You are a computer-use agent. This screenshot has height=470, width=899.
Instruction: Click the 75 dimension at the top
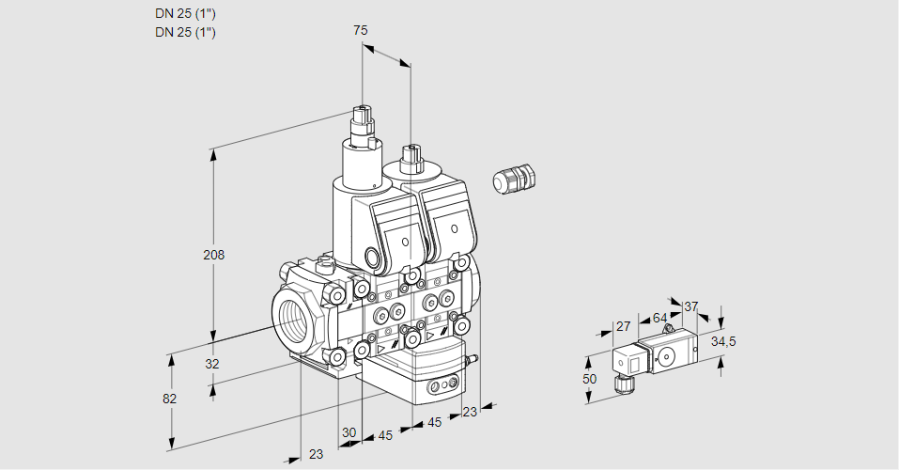pyautogui.click(x=360, y=30)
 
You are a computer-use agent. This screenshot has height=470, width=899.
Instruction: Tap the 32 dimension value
pyautogui.click(x=211, y=364)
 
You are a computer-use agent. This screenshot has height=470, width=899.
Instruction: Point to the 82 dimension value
pyautogui.click(x=169, y=399)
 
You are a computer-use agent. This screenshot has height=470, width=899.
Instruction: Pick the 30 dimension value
pyautogui.click(x=349, y=432)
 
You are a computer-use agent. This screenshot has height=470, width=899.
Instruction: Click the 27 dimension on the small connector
pyautogui.click(x=622, y=326)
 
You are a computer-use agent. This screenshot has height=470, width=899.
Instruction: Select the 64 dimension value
pyautogui.click(x=659, y=319)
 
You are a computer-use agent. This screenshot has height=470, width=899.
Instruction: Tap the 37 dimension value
pyautogui.click(x=690, y=306)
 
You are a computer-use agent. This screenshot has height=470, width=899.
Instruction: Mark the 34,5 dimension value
pyautogui.click(x=723, y=341)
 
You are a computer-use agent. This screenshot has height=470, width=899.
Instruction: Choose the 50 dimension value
pyautogui.click(x=589, y=379)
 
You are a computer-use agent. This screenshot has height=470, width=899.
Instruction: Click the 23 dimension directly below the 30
pyautogui.click(x=316, y=454)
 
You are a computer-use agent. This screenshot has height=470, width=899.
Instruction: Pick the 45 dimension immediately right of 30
pyautogui.click(x=385, y=435)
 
